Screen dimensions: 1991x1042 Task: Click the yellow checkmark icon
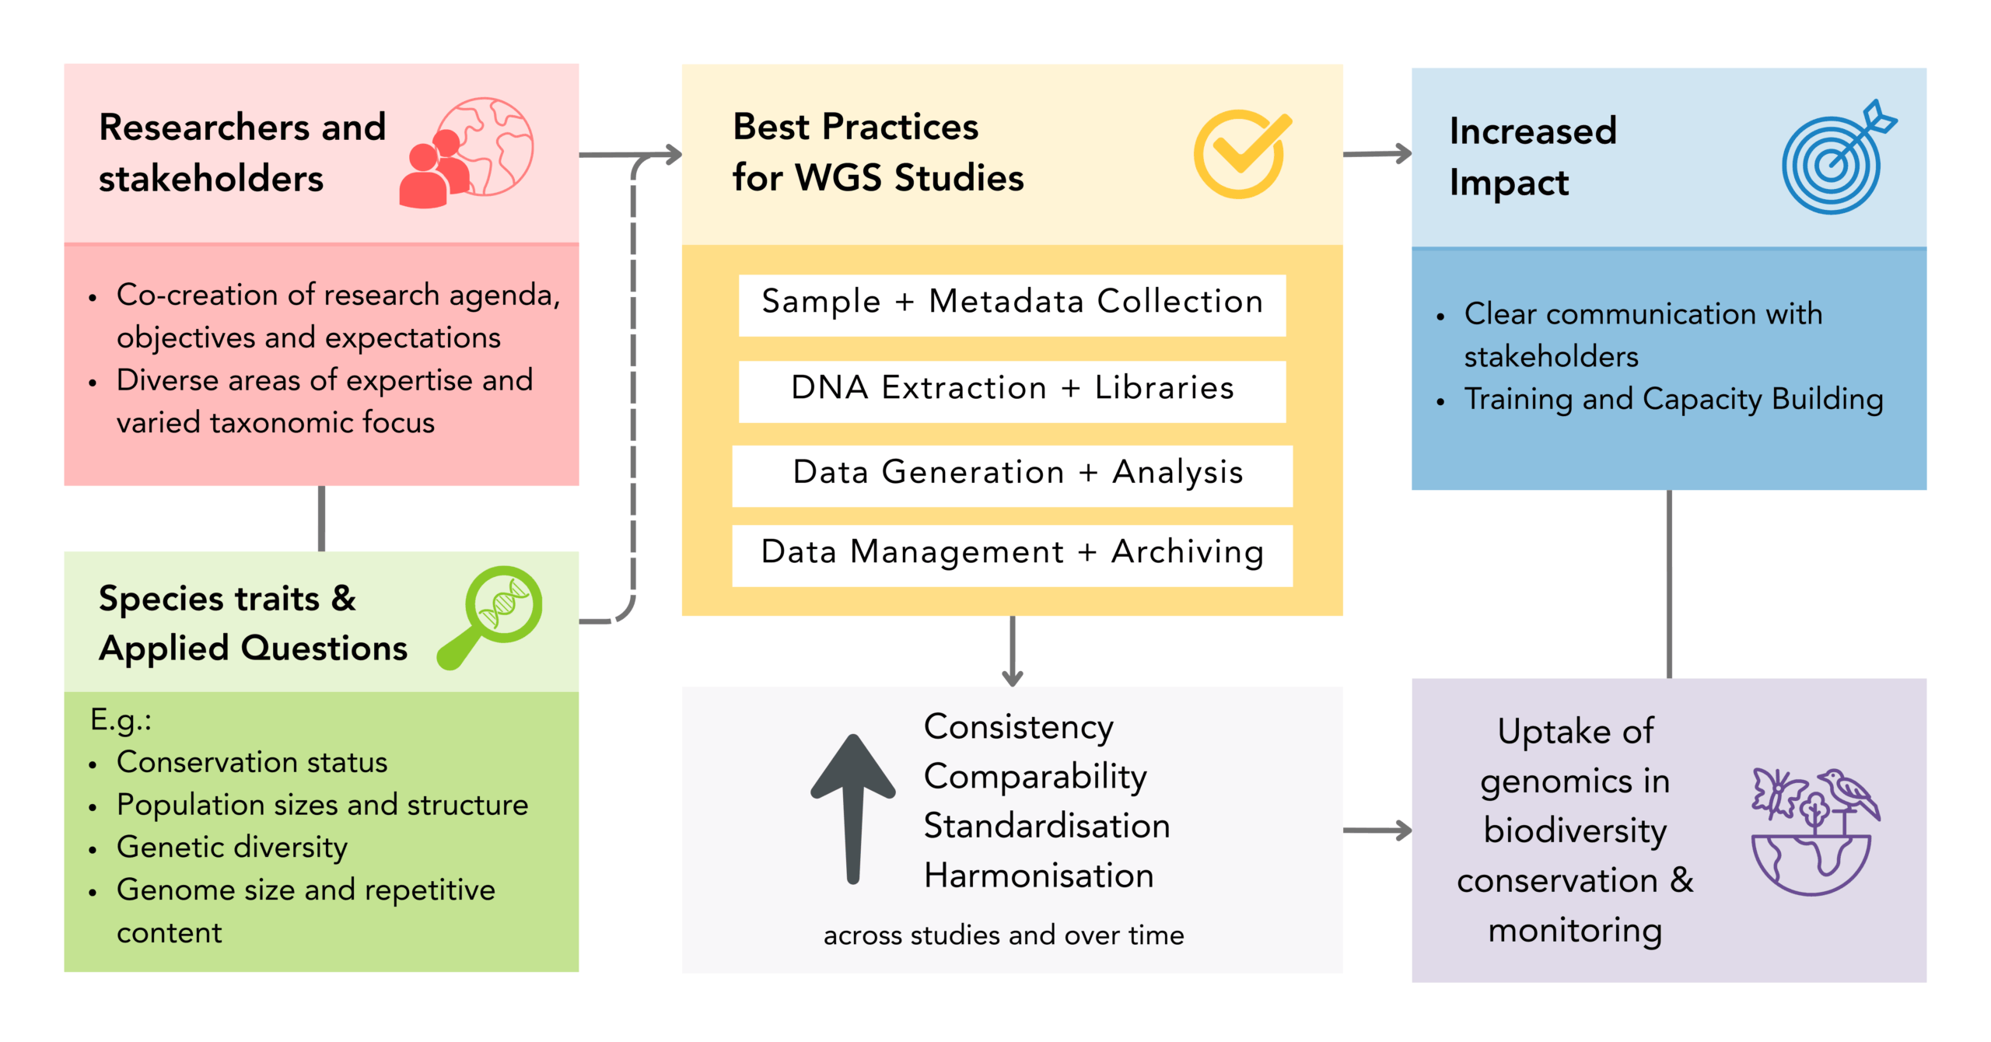[1242, 154]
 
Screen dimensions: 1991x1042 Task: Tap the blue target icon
[1839, 157]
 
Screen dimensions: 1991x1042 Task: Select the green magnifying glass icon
[491, 617]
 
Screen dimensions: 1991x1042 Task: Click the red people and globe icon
[467, 152]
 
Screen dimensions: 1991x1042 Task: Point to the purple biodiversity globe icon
[1815, 831]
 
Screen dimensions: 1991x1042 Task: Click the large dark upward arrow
[853, 809]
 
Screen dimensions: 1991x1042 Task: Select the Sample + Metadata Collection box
[1012, 305]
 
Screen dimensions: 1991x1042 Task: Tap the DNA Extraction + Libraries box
[1012, 391]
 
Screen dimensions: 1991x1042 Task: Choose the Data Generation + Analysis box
[1012, 476]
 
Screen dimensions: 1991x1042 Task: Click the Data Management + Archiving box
[1012, 555]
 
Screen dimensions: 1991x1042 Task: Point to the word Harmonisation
[1038, 876]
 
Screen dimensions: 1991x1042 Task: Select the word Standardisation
[1047, 826]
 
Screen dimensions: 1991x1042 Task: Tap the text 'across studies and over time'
[1003, 935]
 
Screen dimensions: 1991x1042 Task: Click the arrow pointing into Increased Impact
[1377, 154]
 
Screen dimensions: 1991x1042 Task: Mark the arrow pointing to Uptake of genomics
[1377, 830]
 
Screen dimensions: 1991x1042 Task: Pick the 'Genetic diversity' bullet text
[232, 848]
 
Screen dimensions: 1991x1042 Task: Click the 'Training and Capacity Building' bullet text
[1674, 400]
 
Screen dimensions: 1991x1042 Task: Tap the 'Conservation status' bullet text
[252, 762]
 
